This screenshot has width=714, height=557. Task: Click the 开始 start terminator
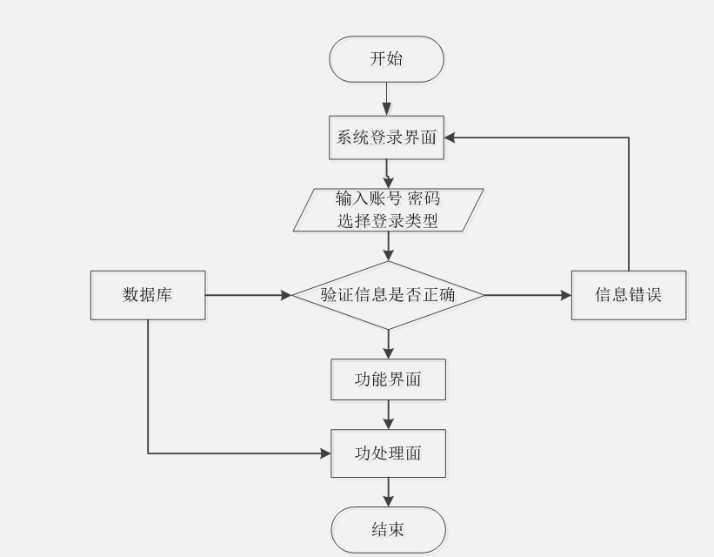point(387,59)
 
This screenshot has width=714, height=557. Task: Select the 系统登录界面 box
point(387,138)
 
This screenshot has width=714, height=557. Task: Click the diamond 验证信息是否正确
point(387,295)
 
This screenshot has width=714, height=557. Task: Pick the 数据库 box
point(148,295)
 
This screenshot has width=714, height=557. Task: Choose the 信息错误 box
point(629,295)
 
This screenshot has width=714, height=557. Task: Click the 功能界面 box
point(388,379)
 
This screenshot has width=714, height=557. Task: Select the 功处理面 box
point(388,453)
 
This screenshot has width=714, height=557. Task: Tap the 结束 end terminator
point(388,529)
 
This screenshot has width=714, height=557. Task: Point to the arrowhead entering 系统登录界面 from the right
point(451,138)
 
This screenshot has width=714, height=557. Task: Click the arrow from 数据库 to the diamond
point(248,295)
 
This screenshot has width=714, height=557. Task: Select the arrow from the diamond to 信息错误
point(526,295)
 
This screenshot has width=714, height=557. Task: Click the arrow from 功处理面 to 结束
point(388,492)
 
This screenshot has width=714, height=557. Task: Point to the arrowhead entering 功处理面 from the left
point(325,453)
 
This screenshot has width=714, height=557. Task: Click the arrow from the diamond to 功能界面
point(388,344)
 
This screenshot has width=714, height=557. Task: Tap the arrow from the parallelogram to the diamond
point(388,246)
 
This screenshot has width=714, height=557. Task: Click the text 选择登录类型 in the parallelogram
point(388,221)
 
